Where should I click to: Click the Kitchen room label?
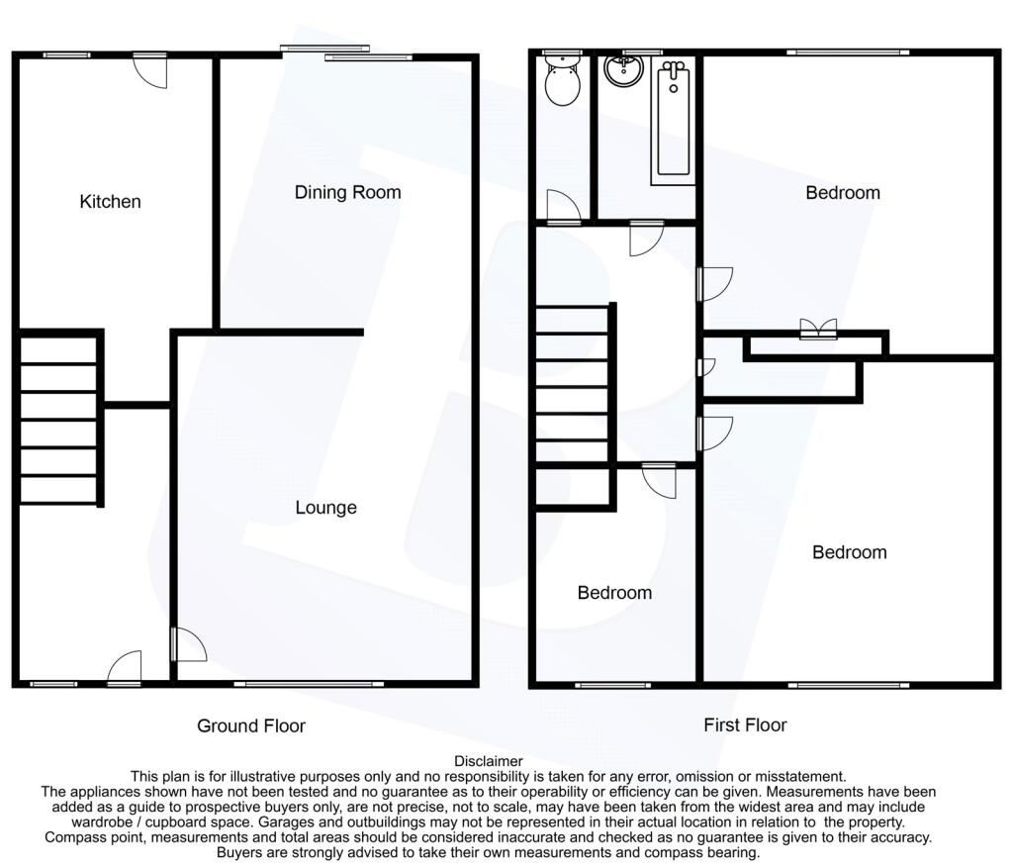click(x=110, y=202)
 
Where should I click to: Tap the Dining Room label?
click(x=347, y=193)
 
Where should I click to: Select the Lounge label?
click(x=325, y=508)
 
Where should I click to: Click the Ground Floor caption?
click(x=250, y=725)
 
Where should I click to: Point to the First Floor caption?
click(x=745, y=725)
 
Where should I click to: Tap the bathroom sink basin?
click(x=624, y=70)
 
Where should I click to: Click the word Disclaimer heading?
click(x=489, y=761)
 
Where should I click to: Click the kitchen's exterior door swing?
click(x=151, y=71)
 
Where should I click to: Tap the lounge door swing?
click(x=189, y=643)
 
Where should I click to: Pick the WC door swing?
click(x=563, y=206)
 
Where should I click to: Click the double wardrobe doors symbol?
click(x=818, y=329)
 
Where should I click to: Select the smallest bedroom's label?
click(x=614, y=593)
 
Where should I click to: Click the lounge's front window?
click(x=309, y=684)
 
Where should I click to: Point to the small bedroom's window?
click(x=612, y=685)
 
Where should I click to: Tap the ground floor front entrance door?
click(x=125, y=668)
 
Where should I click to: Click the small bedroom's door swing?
click(x=660, y=481)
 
